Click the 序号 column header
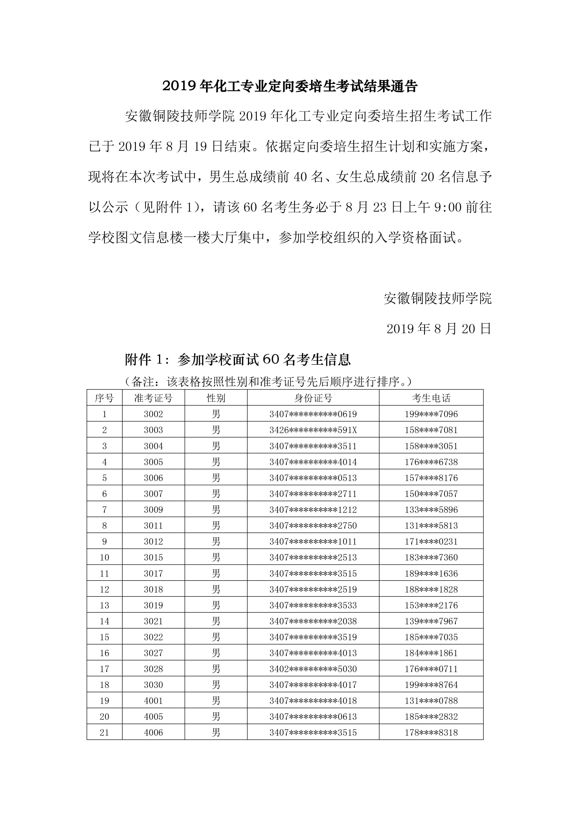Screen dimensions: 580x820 coord(104,398)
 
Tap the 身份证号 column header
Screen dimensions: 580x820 coord(313,398)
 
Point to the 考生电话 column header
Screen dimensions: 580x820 coord(431,398)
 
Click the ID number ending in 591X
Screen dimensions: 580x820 coord(313,430)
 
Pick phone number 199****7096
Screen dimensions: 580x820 coord(431,414)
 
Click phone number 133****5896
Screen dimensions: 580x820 coord(431,510)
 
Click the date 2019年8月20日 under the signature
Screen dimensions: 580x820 coord(439,329)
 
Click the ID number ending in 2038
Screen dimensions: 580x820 coord(313,621)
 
